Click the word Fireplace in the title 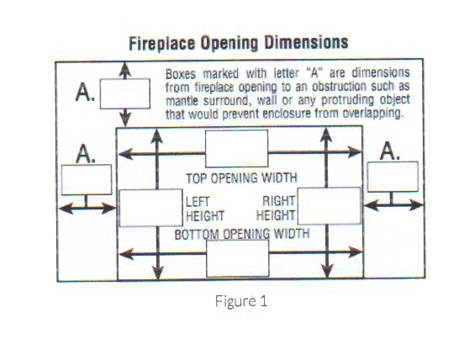[162, 44]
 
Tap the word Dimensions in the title [306, 42]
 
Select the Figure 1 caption [241, 301]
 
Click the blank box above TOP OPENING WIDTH [237, 149]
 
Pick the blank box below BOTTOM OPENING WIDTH [238, 258]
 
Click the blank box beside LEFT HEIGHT [151, 208]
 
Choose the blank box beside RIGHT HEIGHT [330, 206]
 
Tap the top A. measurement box [125, 93]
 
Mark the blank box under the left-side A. [87, 180]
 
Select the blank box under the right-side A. [393, 177]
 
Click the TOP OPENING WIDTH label [241, 178]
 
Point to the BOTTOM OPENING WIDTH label [242, 234]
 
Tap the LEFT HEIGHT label [205, 209]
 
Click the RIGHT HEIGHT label [276, 208]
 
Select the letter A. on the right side [390, 151]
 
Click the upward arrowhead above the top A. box [125, 70]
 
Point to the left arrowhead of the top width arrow [125, 154]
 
